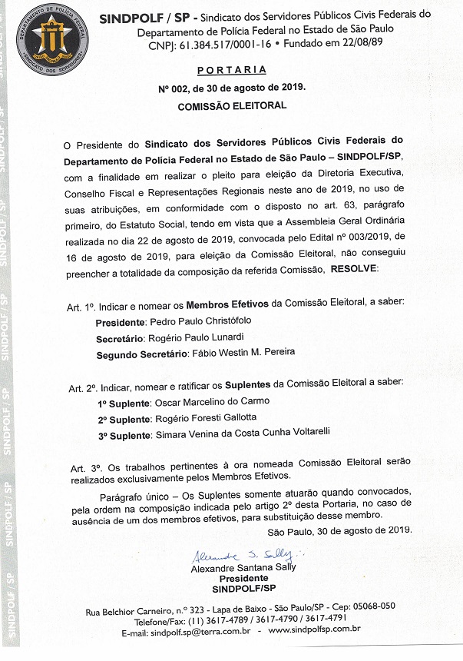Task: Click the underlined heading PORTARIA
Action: click(231, 71)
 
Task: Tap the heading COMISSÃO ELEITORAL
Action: click(232, 105)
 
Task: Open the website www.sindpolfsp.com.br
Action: click(314, 631)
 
